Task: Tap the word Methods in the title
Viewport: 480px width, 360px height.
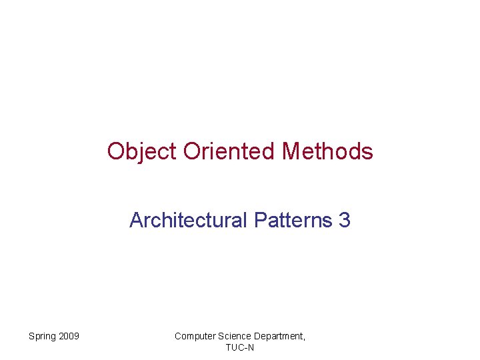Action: (327, 151)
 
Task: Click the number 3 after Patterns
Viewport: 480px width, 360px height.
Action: (345, 220)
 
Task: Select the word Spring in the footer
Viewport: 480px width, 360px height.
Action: (43, 336)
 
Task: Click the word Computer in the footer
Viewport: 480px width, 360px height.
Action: (195, 336)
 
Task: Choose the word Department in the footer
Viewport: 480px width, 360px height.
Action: (279, 337)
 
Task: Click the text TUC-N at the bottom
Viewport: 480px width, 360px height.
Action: (240, 347)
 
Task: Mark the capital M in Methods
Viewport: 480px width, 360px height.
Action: (291, 151)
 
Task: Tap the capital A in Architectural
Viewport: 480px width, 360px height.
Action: (137, 220)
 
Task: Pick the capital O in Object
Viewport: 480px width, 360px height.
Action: (117, 151)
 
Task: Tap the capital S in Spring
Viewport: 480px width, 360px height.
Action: (31, 336)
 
